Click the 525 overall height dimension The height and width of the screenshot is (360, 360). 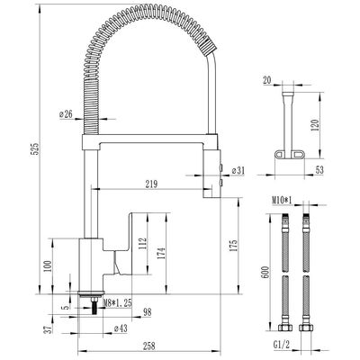(36, 148)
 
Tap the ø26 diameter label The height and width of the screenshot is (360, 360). (66, 114)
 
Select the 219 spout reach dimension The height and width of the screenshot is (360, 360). (151, 184)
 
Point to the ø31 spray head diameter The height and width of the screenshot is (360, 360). (238, 171)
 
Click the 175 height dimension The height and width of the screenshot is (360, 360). (234, 246)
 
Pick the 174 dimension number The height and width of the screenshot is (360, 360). (161, 254)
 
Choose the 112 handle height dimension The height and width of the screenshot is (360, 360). (143, 243)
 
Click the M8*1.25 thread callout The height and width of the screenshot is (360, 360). (117, 303)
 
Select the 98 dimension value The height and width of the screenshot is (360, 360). (147, 312)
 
